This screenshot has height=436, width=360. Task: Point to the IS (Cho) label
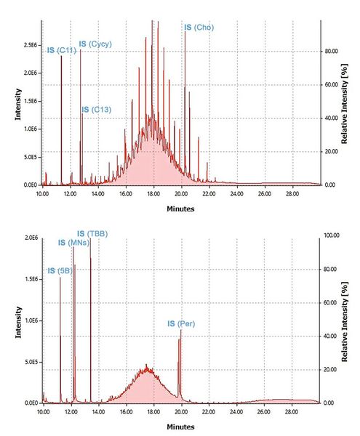(x=199, y=27)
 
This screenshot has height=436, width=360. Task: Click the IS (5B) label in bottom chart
(x=60, y=270)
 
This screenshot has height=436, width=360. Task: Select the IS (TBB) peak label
(x=92, y=233)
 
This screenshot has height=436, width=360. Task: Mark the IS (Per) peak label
(x=181, y=323)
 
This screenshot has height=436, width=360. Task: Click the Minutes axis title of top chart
(x=180, y=209)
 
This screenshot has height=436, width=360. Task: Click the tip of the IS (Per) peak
(x=181, y=330)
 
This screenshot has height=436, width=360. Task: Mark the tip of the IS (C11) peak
(x=61, y=57)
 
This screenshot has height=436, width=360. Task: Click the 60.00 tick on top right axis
(x=331, y=85)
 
